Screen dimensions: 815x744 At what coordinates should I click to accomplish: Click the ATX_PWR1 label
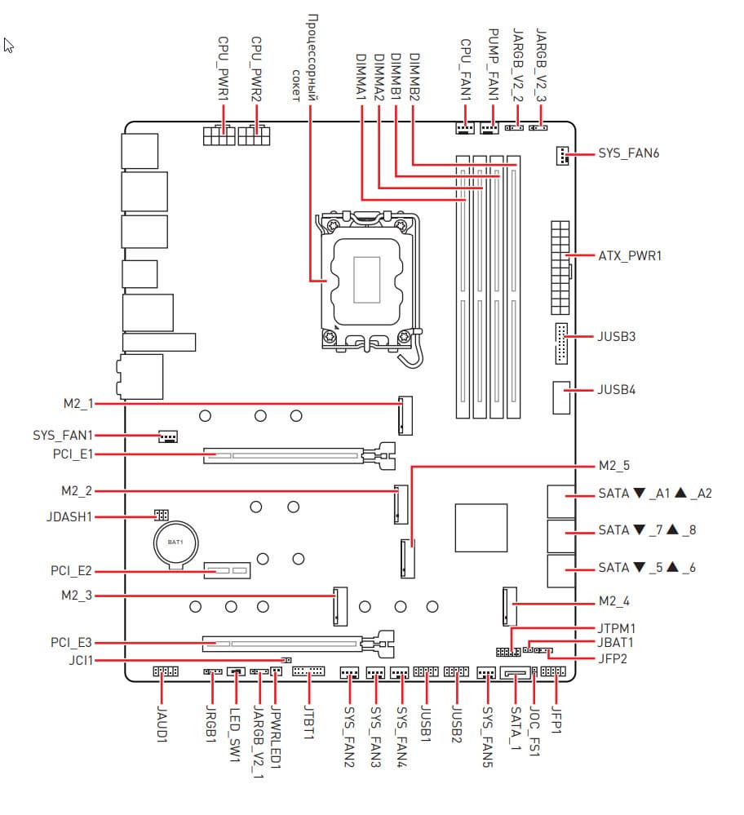pyautogui.click(x=630, y=256)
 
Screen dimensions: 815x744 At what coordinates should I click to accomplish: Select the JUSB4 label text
pyautogui.click(x=617, y=390)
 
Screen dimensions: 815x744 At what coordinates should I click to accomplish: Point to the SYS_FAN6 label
pyautogui.click(x=629, y=153)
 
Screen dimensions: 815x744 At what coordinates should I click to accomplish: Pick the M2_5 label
pyautogui.click(x=614, y=467)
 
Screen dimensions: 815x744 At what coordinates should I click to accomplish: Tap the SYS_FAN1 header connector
pyautogui.click(x=168, y=437)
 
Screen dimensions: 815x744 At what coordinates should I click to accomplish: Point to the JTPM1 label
pyautogui.click(x=617, y=629)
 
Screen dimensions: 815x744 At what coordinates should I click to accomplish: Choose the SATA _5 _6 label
pyautogui.click(x=647, y=568)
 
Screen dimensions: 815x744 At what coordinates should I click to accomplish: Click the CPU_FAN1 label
pyautogui.click(x=466, y=69)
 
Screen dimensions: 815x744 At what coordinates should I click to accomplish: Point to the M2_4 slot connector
pyautogui.click(x=508, y=604)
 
